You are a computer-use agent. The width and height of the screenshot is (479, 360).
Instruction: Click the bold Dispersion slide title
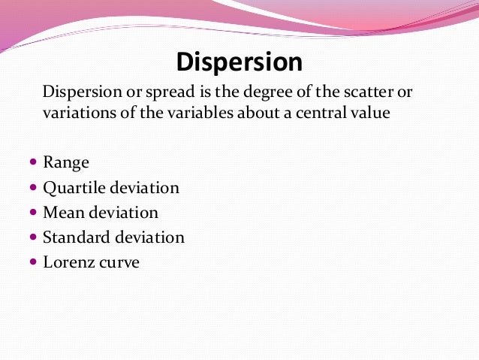coord(239,62)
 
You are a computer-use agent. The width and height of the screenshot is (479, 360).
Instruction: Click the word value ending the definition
coord(371,114)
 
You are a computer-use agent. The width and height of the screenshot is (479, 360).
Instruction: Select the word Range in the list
coord(66,162)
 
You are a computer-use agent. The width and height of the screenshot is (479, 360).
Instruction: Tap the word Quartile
coord(73,187)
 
